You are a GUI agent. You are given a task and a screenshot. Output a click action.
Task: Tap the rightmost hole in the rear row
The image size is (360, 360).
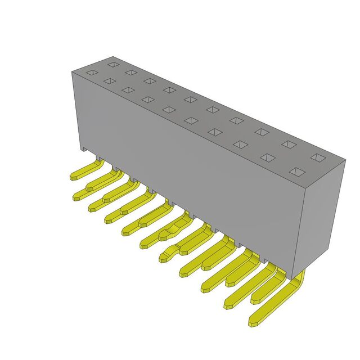(318, 157)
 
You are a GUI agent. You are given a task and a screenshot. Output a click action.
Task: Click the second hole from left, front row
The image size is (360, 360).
(109, 81)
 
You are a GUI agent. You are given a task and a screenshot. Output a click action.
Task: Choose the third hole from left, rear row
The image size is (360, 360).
(149, 80)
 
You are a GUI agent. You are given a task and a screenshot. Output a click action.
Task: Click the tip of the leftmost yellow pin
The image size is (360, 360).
(73, 177)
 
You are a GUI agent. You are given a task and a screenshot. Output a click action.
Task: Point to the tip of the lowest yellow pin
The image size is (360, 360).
(254, 323)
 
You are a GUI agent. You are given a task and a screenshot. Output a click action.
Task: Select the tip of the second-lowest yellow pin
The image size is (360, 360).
(228, 305)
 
